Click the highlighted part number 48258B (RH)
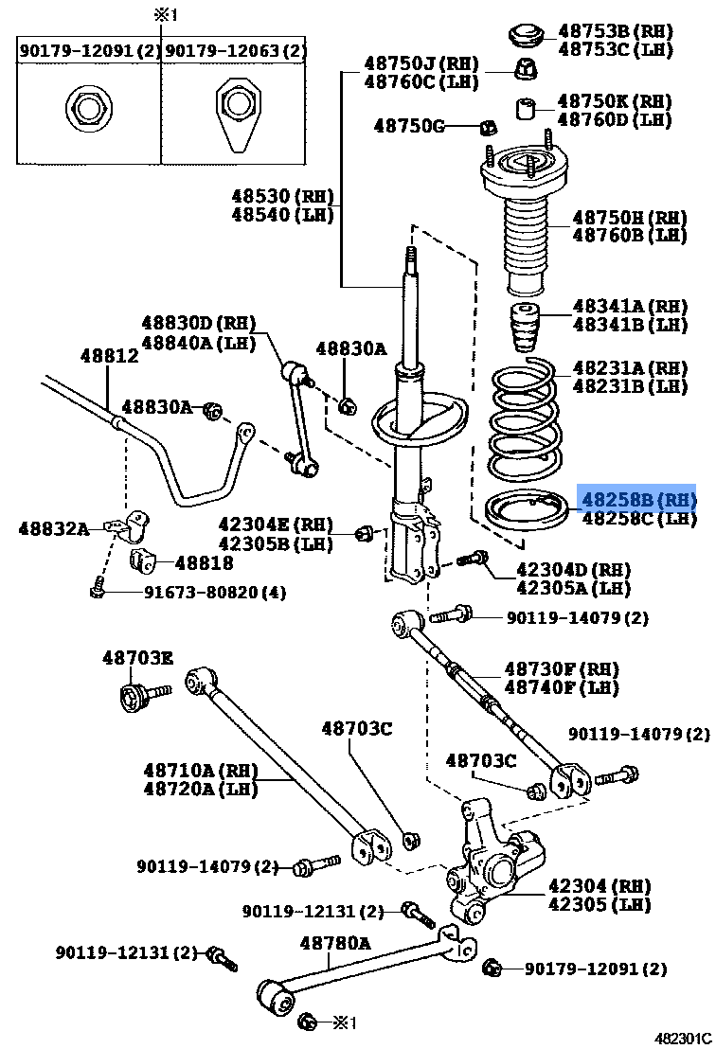pos(636,498)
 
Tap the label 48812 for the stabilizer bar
pos(109,356)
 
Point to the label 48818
pos(203,562)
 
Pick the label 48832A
pos(53,528)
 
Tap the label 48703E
pos(137,657)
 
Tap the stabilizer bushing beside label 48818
pos(142,560)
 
